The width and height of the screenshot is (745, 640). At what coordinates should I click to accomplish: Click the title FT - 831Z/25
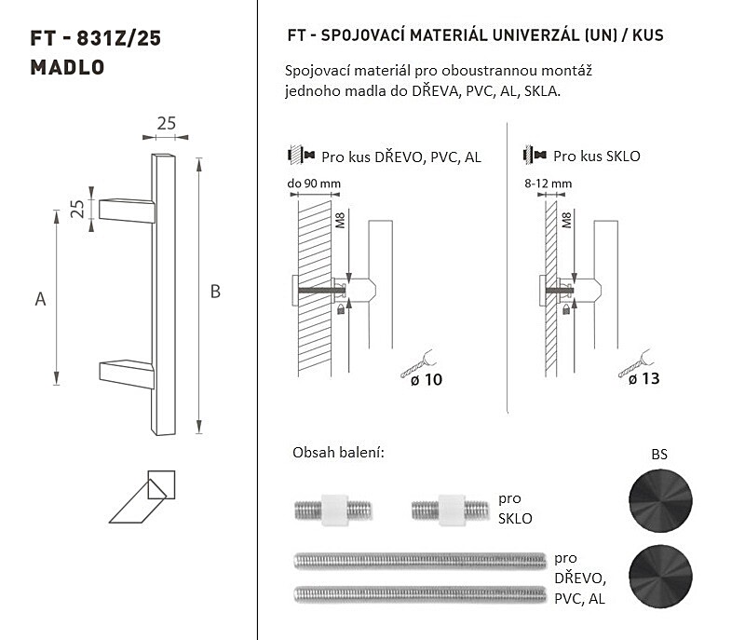(96, 38)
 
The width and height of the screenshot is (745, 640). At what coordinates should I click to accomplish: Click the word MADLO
(67, 67)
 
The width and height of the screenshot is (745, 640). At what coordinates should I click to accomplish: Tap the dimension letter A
(40, 299)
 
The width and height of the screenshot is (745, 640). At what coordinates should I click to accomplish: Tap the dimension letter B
(215, 292)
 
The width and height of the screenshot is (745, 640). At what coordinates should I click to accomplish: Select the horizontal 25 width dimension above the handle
(167, 124)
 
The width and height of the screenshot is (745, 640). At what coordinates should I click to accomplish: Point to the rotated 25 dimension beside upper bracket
(77, 209)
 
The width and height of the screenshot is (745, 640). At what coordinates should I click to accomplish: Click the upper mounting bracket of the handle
(127, 211)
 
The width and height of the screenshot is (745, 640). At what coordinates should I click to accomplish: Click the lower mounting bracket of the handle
(127, 374)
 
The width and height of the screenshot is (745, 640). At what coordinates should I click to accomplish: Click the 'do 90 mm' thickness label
(314, 184)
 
